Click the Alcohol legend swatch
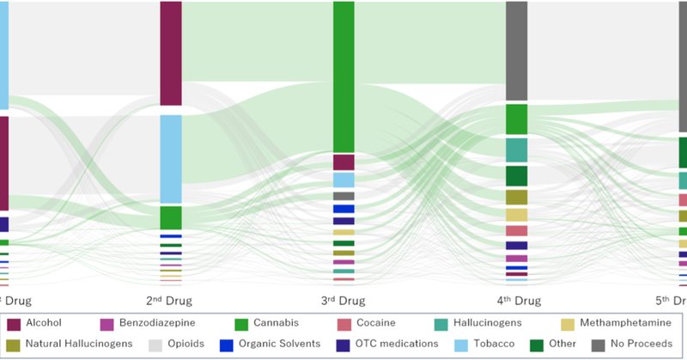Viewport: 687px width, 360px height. tap(14, 324)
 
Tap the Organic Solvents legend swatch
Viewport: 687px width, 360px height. tap(226, 345)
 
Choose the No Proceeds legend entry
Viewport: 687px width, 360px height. tap(632, 345)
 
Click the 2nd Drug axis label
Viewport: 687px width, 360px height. tap(170, 301)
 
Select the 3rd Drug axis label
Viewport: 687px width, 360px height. tap(343, 301)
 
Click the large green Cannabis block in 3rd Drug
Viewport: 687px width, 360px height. tap(343, 77)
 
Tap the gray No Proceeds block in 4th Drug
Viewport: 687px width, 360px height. tap(516, 51)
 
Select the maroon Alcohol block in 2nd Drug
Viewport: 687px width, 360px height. tap(171, 53)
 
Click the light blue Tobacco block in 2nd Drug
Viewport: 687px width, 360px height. tap(171, 158)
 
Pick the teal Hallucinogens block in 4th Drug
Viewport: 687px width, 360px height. tap(516, 149)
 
